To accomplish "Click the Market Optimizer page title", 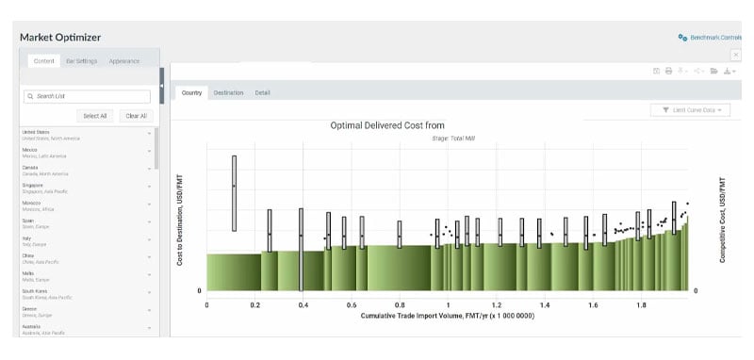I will pos(60,37).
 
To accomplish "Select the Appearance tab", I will pos(124,61).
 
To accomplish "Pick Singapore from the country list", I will pos(33,186).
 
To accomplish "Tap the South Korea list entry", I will pos(35,291).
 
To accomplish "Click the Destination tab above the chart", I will pos(228,92).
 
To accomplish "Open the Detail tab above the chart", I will pos(263,92).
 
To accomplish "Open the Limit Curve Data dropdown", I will pos(690,110).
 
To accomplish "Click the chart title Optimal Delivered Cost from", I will pos(386,125).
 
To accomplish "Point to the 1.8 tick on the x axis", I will pos(641,305).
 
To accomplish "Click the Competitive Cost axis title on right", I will pos(722,219).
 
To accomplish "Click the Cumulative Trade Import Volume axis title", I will pos(448,317).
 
